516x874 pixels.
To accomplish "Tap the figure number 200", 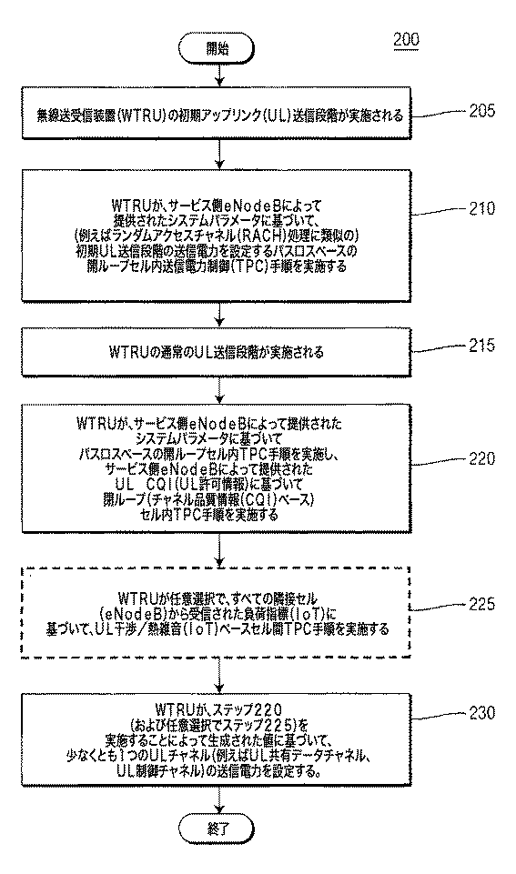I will (406, 40).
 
